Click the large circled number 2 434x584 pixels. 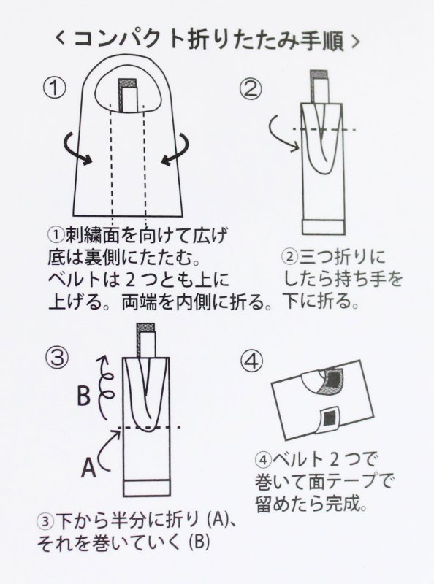pos(251,89)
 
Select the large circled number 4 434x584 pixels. pos(251,361)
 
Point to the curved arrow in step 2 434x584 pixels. pos(283,133)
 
